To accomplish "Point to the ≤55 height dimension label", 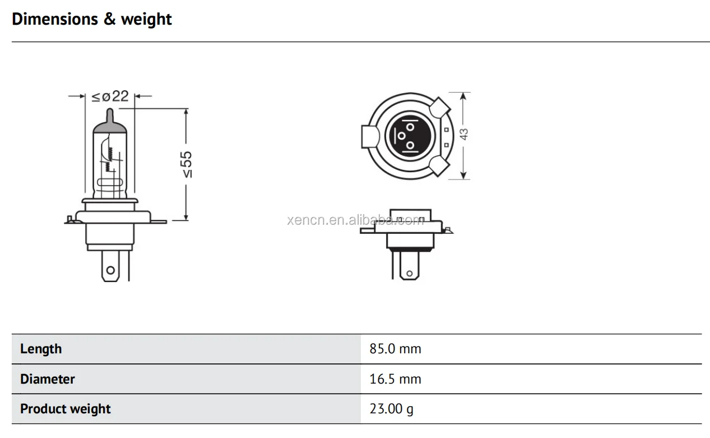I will (x=187, y=164).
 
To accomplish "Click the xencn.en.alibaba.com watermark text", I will (x=355, y=220).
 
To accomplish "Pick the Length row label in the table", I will (x=41, y=349).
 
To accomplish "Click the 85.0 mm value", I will (x=395, y=349).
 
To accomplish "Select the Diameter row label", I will (x=48, y=379).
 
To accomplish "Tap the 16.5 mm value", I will (x=395, y=379).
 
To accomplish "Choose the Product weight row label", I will (x=66, y=409).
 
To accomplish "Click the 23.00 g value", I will (x=391, y=409).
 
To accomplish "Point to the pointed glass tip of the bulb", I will (x=110, y=115).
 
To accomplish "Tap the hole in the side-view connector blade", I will (x=410, y=274).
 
